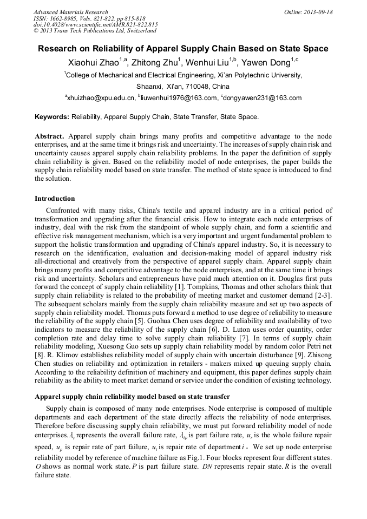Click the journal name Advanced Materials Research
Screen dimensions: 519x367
tap(70, 12)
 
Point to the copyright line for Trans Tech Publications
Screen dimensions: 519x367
tap(95, 31)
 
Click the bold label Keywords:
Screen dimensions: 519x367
tap(52, 116)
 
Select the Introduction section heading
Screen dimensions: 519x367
tap(55, 199)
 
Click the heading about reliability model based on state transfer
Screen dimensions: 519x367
tap(132, 397)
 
